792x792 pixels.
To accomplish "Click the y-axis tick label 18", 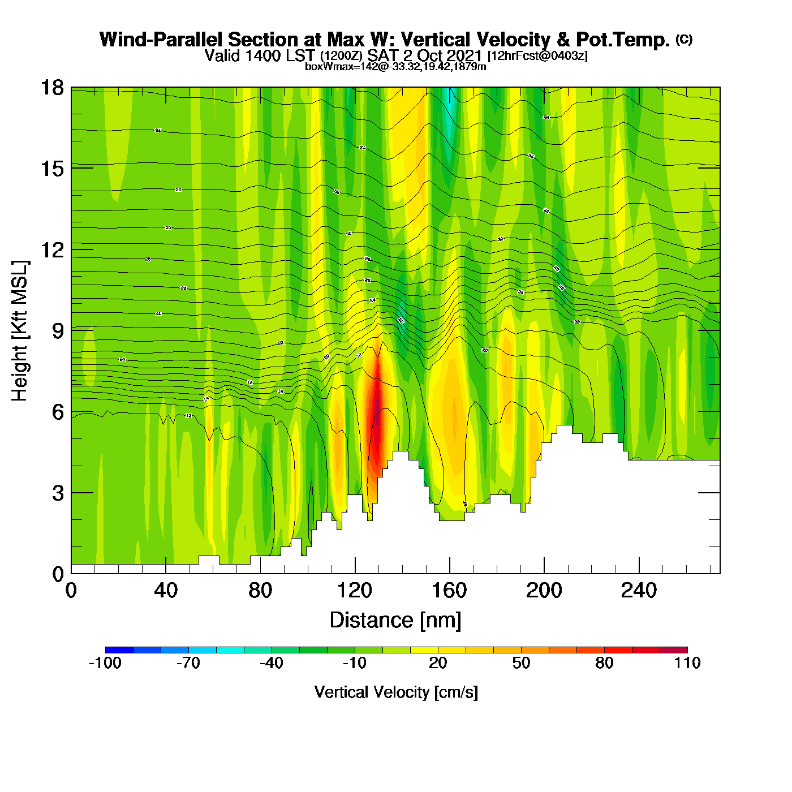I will click(x=51, y=88).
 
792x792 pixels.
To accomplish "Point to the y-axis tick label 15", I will click(x=51, y=169).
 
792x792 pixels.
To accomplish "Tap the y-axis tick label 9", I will click(x=58, y=331).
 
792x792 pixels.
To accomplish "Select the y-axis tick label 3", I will click(x=58, y=493).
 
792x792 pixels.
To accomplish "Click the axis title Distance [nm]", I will click(x=395, y=621).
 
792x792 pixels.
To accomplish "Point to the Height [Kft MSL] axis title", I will click(x=20, y=331).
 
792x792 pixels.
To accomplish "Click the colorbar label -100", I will click(x=105, y=663).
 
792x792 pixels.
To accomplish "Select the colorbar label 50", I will click(x=521, y=663).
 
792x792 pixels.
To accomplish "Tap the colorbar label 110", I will click(x=687, y=663).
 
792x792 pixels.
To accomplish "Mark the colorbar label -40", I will click(x=272, y=663).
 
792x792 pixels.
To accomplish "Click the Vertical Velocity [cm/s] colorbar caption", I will click(x=396, y=692).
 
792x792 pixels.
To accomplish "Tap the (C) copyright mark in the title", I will click(x=684, y=39).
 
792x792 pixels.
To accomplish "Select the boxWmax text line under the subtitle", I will click(x=395, y=67).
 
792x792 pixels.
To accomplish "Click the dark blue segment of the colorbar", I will click(x=119, y=650).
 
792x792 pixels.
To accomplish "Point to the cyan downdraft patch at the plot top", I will click(x=450, y=113).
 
